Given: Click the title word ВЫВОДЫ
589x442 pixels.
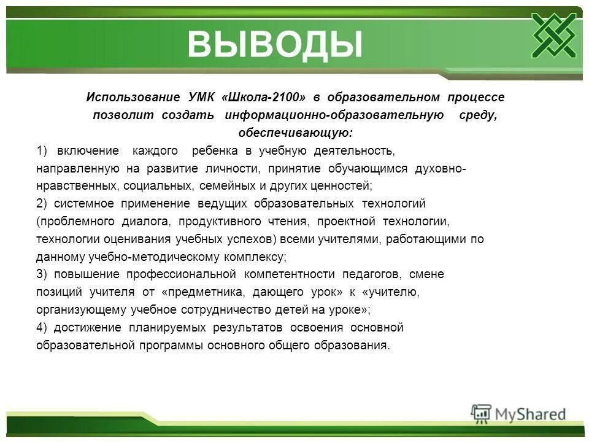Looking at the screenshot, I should click(x=274, y=44).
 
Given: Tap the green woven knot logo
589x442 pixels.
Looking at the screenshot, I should click(x=553, y=34).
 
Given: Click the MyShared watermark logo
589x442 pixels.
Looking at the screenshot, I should click(x=518, y=413).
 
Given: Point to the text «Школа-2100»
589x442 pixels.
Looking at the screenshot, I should click(x=263, y=98).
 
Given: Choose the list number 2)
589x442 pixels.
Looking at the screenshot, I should click(x=42, y=203).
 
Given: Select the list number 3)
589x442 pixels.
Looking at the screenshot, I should click(x=42, y=274).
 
